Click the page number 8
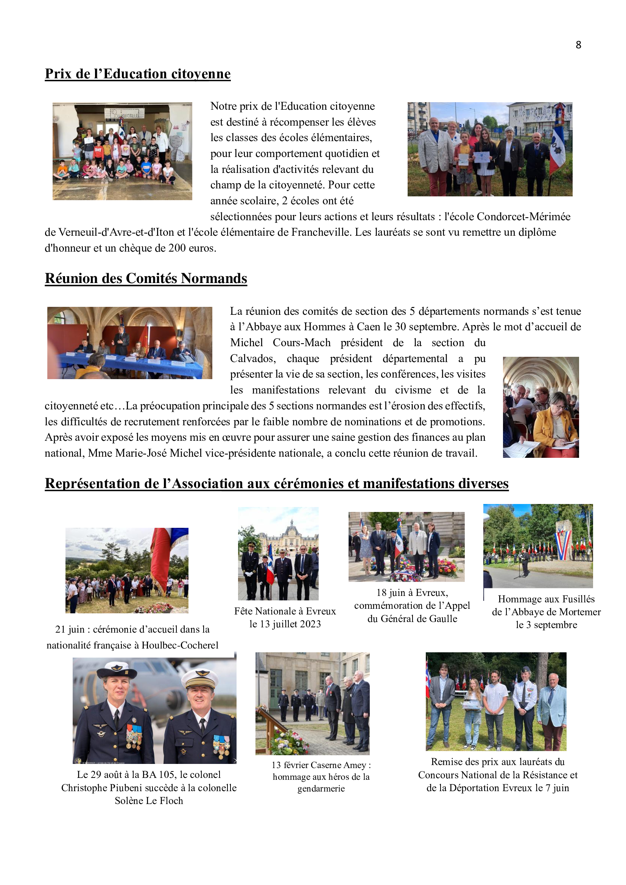(578, 45)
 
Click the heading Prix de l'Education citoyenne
(138, 74)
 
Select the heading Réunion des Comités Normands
(146, 278)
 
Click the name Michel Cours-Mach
(280, 342)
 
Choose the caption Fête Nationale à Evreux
(285, 611)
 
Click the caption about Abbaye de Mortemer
(546, 612)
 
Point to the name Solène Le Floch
(149, 801)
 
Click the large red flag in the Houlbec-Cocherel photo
(161, 559)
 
